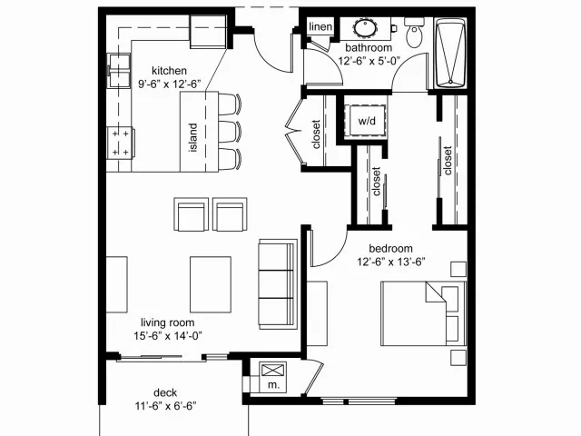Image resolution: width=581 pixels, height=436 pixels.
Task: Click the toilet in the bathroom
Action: (414, 33)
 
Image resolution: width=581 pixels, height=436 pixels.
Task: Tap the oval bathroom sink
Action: (365, 28)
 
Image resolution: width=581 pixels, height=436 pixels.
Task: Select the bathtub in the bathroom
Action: (450, 53)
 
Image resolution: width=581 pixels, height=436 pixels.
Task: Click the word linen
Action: (320, 26)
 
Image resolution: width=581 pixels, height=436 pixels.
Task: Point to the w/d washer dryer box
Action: (366, 121)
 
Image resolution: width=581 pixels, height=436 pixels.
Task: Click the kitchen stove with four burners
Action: (121, 143)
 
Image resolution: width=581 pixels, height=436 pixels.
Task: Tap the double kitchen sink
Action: (119, 71)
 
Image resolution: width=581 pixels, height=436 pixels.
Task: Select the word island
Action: (192, 137)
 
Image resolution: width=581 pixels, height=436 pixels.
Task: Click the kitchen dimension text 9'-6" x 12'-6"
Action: (170, 84)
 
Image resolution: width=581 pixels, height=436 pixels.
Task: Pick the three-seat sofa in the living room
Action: (278, 284)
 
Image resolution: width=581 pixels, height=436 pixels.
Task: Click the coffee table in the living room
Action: (211, 284)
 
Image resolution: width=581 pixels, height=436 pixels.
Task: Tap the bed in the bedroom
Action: (424, 313)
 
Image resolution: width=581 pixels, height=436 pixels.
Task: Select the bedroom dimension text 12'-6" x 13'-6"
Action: (391, 263)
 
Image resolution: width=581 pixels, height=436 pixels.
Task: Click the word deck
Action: (165, 392)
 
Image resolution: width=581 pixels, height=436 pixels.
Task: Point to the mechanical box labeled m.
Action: (272, 377)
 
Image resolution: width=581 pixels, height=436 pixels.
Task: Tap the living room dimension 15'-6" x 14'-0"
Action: (168, 336)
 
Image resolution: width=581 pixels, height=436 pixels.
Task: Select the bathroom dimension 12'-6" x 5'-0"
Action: (369, 61)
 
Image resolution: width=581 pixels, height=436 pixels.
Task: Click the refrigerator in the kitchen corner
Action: (208, 32)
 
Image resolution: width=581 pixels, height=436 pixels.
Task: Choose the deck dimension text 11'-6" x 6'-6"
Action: (165, 406)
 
